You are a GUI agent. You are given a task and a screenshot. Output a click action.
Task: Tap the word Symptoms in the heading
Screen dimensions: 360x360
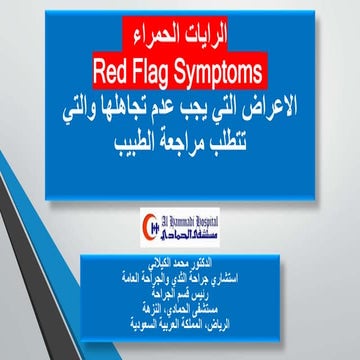click(x=231, y=72)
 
